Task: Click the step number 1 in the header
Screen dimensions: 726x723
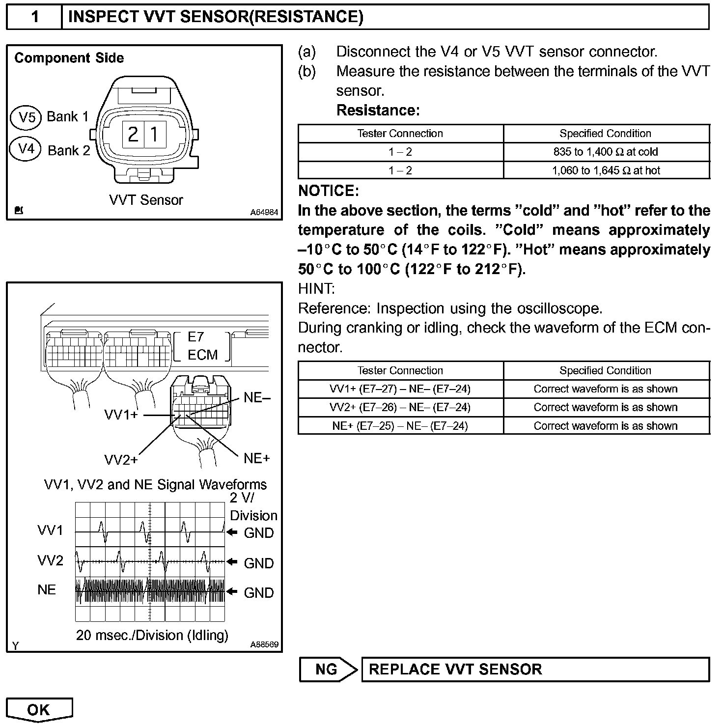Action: point(34,17)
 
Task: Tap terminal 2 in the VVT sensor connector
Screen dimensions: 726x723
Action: point(133,134)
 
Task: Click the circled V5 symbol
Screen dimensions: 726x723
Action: point(26,117)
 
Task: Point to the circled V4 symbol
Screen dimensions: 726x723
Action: point(26,148)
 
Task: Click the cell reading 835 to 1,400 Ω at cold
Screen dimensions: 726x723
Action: point(606,152)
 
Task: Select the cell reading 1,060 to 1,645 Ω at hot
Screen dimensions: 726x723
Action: point(606,170)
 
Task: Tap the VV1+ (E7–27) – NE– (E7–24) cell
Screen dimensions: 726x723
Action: point(400,389)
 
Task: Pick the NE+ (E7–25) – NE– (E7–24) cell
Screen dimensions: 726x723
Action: point(400,426)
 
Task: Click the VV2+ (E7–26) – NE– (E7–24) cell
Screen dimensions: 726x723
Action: point(400,407)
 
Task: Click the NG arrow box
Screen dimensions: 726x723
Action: point(328,669)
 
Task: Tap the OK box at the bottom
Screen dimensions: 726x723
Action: point(39,709)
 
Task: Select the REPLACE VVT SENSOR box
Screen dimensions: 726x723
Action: point(535,669)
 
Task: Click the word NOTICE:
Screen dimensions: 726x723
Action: point(329,191)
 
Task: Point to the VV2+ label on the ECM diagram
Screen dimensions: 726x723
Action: point(121,460)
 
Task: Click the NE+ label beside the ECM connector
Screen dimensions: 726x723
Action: point(257,458)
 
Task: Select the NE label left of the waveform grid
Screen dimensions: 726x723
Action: point(47,589)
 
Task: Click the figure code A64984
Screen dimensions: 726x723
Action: point(264,212)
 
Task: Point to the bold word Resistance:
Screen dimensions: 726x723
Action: point(378,111)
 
